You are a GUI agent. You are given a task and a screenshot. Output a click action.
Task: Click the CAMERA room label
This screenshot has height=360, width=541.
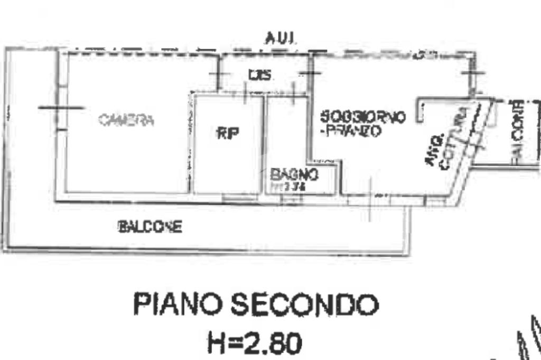[x=126, y=120]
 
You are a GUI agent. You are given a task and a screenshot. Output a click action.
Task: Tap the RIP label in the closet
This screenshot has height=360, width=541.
[x=228, y=134]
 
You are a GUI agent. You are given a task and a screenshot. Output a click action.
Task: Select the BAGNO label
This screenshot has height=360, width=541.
[x=294, y=174]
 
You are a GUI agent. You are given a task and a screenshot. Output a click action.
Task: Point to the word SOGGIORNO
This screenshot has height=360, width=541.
[x=363, y=117]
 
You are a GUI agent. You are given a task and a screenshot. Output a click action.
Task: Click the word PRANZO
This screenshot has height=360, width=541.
[x=353, y=131]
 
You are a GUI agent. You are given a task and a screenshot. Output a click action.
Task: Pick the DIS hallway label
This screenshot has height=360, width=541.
[x=260, y=76]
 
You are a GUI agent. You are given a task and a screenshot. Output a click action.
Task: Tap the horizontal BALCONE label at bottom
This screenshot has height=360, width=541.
[x=151, y=228]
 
